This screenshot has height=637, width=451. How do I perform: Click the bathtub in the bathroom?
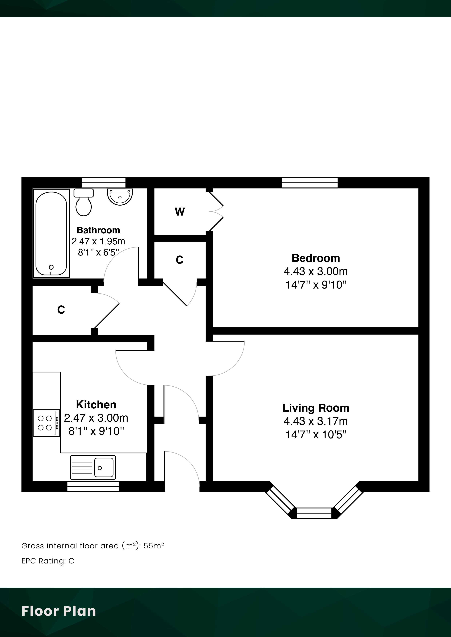click(51, 233)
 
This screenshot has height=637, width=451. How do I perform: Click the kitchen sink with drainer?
click(93, 467)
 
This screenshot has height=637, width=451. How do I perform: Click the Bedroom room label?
click(316, 258)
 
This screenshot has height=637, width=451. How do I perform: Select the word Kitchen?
click(96, 405)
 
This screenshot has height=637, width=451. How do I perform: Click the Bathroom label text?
click(98, 230)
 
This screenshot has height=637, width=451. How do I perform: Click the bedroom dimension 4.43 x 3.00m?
click(316, 271)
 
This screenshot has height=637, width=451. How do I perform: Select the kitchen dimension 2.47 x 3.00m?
click(96, 418)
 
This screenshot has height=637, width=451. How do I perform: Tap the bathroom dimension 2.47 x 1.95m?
click(98, 241)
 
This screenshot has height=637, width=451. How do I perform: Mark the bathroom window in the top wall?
click(103, 183)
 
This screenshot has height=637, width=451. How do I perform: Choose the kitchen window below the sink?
click(93, 487)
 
